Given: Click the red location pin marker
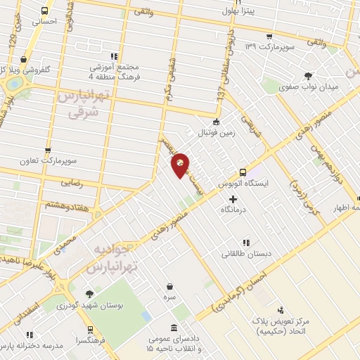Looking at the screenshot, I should pyautogui.click(x=181, y=165).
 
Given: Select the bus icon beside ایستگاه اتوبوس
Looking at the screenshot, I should pyautogui.click(x=243, y=172).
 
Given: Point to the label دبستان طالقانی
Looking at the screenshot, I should pyautogui.click(x=249, y=253).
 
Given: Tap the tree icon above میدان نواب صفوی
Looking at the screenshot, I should pyautogui.click(x=307, y=76).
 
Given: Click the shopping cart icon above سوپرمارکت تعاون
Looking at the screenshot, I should pyautogui.click(x=48, y=150).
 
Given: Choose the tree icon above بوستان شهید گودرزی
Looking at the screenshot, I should pyautogui.click(x=89, y=295).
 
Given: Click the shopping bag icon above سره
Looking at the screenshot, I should pyautogui.click(x=171, y=286).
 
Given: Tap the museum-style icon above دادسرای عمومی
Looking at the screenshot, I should pyautogui.click(x=173, y=328).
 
